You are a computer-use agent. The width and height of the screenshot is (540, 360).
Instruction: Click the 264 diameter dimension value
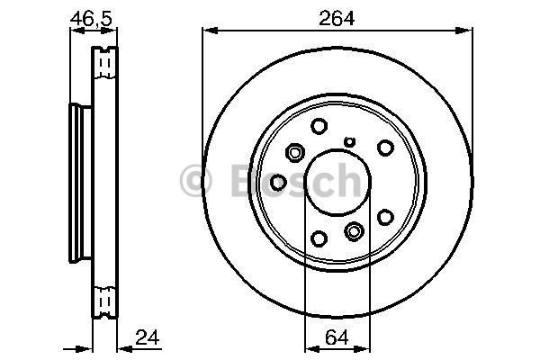[337, 19]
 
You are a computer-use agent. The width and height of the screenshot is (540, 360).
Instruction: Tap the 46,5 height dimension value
[91, 19]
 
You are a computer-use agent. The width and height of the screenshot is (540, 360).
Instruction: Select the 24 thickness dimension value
[148, 337]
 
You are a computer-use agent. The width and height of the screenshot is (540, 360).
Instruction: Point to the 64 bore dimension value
[337, 337]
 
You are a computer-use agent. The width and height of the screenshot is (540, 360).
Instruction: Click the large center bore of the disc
[337, 182]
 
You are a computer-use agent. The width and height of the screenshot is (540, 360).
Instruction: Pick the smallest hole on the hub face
[350, 141]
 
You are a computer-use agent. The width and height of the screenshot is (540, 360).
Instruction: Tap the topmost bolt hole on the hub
[319, 126]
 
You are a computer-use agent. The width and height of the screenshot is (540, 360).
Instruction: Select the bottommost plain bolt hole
[319, 238]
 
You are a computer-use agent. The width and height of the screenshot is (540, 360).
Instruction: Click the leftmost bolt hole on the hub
[278, 182]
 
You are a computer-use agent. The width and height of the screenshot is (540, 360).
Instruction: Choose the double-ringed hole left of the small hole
[295, 152]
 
